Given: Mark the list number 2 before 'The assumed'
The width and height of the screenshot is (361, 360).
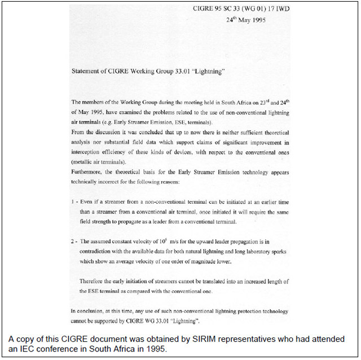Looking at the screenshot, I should coord(73,242).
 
